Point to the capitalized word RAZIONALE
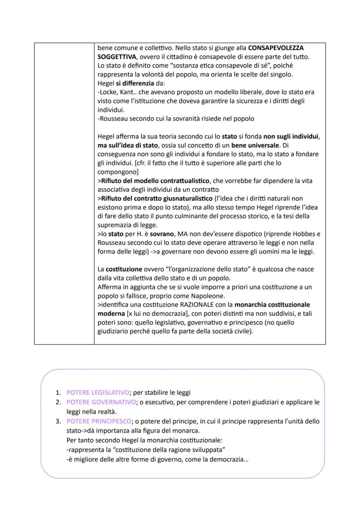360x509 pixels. click(x=193, y=305)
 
